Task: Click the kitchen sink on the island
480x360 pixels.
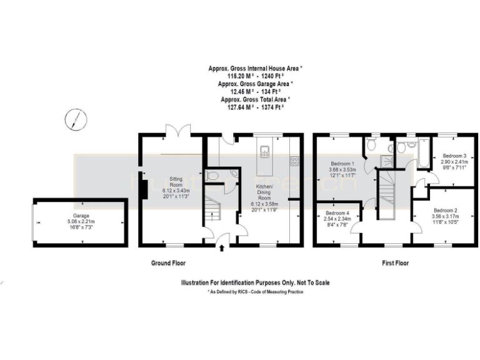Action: (264, 150)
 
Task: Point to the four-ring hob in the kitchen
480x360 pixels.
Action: (293, 161)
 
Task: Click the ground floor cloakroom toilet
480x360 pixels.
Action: (211, 177)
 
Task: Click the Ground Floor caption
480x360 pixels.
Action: (168, 263)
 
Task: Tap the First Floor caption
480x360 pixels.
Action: (395, 263)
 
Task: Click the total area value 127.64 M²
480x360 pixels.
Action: (237, 107)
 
